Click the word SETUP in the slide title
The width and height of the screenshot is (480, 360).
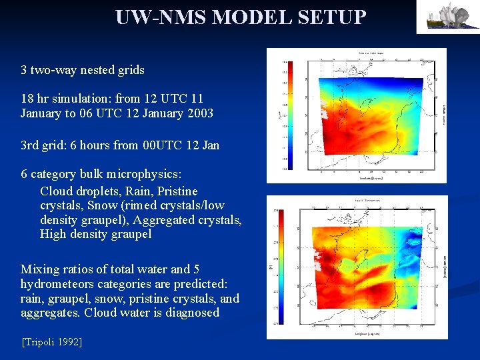[x=331, y=17]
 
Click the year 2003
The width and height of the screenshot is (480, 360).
[x=199, y=113]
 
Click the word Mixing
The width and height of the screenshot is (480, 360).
[x=39, y=269]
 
